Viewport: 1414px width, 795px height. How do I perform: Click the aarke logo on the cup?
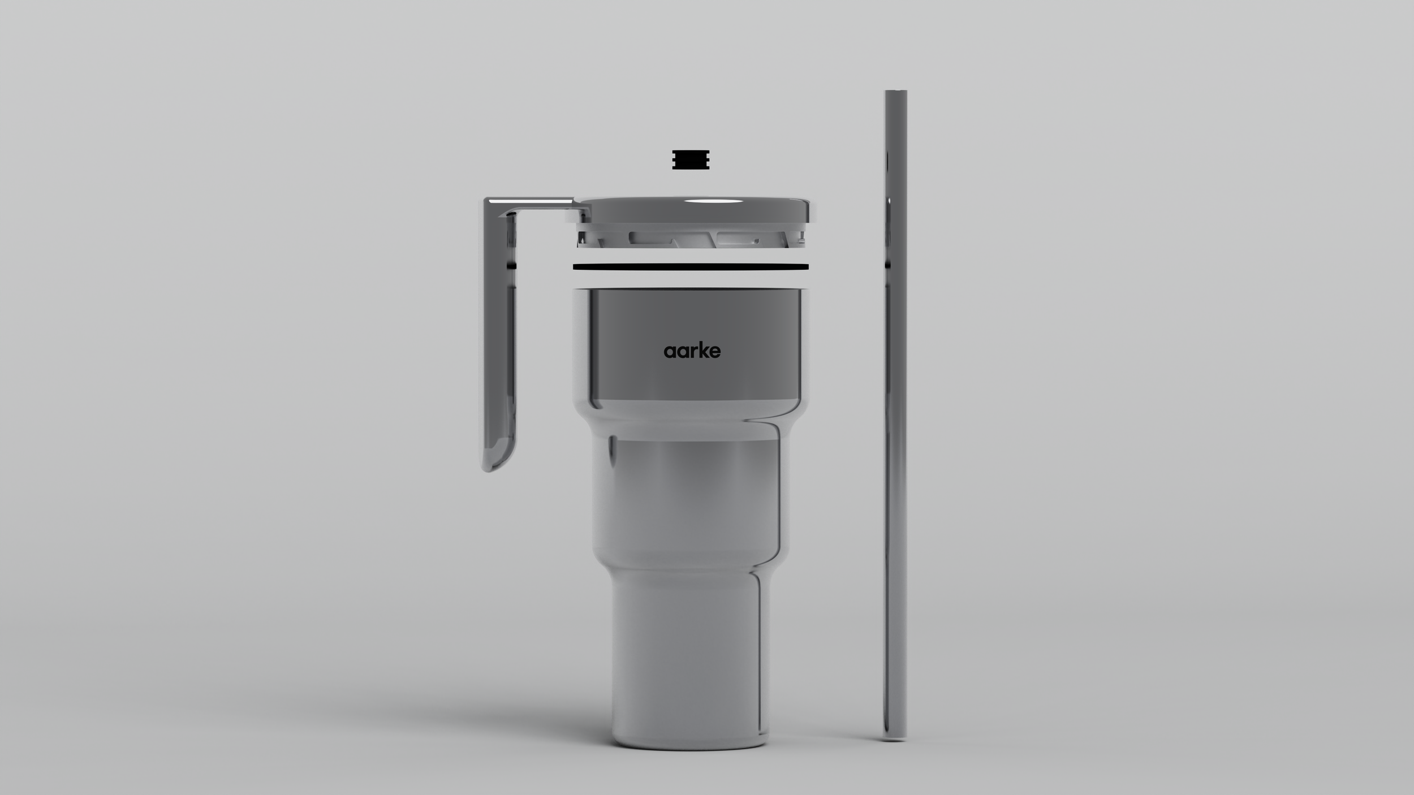pyautogui.click(x=692, y=351)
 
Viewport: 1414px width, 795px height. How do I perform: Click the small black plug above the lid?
pyautogui.click(x=691, y=159)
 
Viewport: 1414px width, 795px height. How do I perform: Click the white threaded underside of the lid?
pyautogui.click(x=690, y=237)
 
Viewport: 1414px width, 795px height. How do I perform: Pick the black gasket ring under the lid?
pyautogui.click(x=691, y=267)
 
